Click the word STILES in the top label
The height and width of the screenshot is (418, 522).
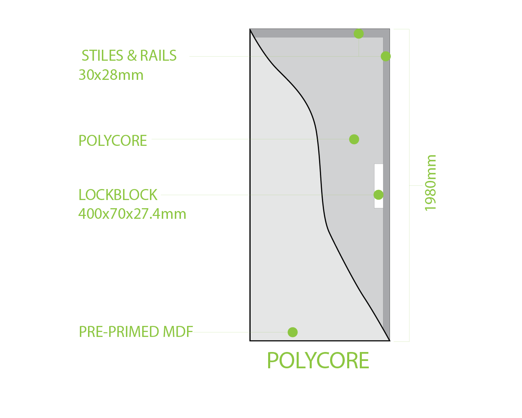pos(102,56)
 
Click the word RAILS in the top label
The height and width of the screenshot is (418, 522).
pos(158,56)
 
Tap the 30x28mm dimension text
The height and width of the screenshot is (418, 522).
pos(111,75)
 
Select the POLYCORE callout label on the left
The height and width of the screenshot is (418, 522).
pos(113,141)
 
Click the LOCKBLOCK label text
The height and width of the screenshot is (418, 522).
pos(118,195)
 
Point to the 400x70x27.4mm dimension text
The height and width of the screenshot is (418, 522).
pos(132,214)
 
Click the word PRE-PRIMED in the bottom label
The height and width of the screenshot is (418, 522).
pos(119,332)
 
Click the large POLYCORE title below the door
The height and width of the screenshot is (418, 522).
pos(318,361)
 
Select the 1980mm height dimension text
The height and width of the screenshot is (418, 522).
pos(430,183)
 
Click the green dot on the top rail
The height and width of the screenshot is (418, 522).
pos(359,33)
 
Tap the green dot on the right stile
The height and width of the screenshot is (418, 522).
pos(386,56)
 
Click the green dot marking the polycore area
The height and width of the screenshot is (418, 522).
pos(354,139)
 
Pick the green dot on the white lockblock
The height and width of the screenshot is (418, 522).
pos(379,195)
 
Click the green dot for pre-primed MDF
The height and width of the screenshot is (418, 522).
pos(293,332)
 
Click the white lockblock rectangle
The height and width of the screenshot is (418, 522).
pos(379,175)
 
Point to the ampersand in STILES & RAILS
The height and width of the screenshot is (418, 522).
pos(131,56)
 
